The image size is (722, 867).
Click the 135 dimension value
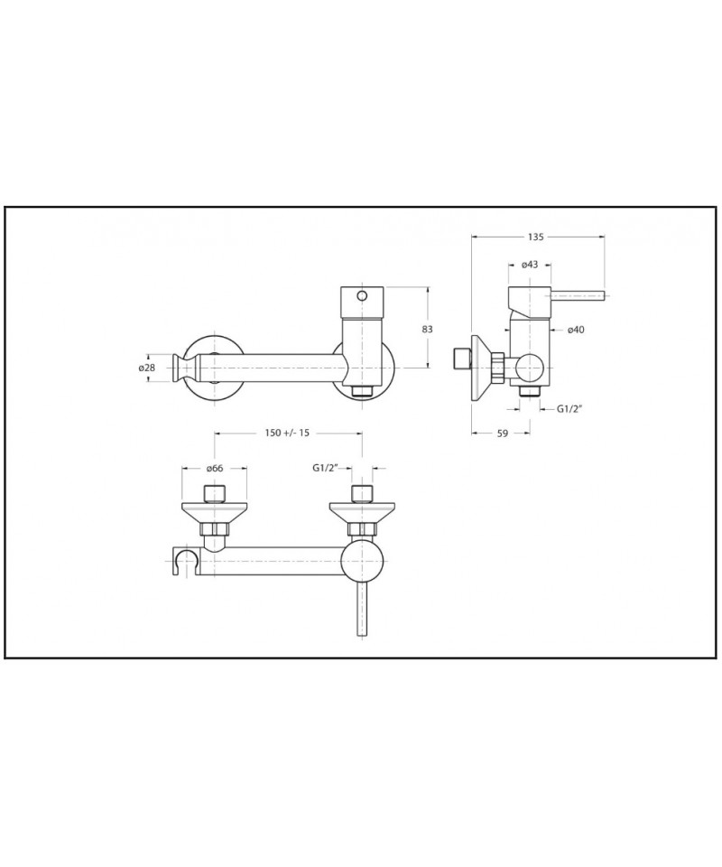pos(535,237)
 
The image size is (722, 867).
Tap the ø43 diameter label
pos(529,265)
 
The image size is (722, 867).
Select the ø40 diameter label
pos(576,331)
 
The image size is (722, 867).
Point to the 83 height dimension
pos(427,329)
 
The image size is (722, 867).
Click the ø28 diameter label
pos(146,368)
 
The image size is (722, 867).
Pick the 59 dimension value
pos(502,433)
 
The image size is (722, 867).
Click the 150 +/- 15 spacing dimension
pos(287,433)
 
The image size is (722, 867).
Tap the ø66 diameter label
pos(214,468)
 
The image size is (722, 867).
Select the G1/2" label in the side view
pos(570,409)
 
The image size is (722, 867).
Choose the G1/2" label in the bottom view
pos(327,468)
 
